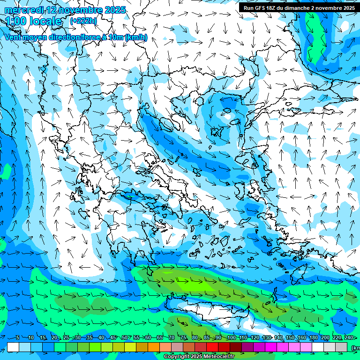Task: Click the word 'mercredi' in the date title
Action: pyautogui.click(x=24, y=10)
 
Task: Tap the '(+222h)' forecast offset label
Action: pyautogui.click(x=83, y=21)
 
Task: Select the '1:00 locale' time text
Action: pyautogui.click(x=34, y=21)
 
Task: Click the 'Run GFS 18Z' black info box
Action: pyautogui.click(x=299, y=8)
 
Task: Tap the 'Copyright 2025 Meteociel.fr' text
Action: pyautogui.click(x=199, y=357)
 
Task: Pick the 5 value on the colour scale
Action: pyautogui.click(x=17, y=337)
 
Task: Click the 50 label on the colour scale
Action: pyautogui.click(x=124, y=337)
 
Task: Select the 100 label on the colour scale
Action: pyautogui.click(x=231, y=337)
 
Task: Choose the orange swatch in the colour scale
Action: pyautogui.click(x=154, y=347)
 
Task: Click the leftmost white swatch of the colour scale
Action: pyautogui.click(x=13, y=347)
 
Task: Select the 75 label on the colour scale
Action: pyautogui.click(x=184, y=337)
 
